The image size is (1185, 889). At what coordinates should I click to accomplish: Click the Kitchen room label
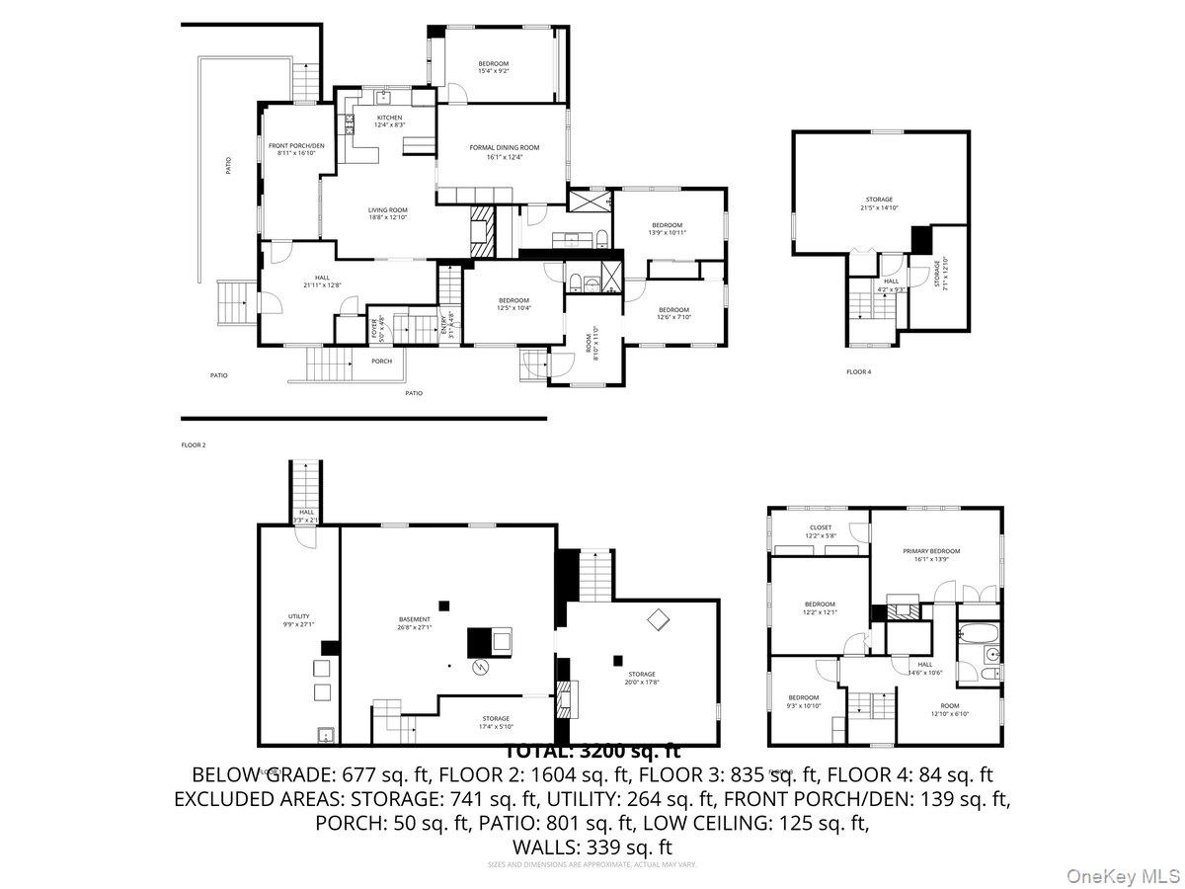389,121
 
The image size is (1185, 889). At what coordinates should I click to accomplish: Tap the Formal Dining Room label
504,152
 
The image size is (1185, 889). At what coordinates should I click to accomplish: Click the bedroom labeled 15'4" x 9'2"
494,67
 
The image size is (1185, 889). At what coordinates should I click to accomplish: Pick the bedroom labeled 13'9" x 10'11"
667,228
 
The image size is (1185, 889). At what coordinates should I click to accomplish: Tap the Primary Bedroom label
931,555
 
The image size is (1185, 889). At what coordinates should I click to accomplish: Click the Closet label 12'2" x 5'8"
820,531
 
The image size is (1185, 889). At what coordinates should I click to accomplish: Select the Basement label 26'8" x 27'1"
415,623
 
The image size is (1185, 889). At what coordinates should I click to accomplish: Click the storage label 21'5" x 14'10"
879,203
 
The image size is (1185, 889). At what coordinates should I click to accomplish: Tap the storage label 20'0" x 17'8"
640,678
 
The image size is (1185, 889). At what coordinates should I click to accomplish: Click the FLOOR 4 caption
859,371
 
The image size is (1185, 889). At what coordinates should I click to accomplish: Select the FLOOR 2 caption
193,445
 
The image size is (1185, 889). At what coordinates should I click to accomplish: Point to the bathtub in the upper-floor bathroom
978,634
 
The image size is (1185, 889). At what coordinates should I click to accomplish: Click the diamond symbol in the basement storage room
658,619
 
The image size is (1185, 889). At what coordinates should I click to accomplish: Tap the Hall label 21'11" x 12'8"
323,282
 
